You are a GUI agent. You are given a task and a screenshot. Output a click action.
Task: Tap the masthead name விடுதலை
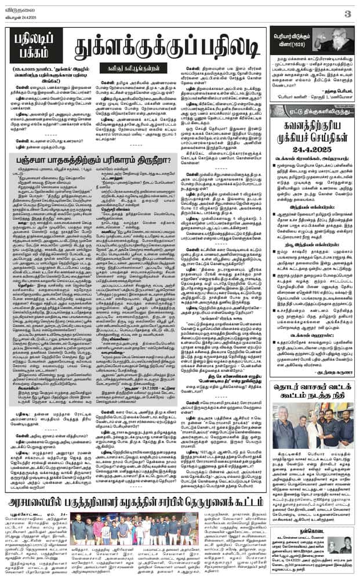click(x=21, y=7)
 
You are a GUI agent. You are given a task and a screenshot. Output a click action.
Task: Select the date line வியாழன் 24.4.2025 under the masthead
click(x=23, y=15)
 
